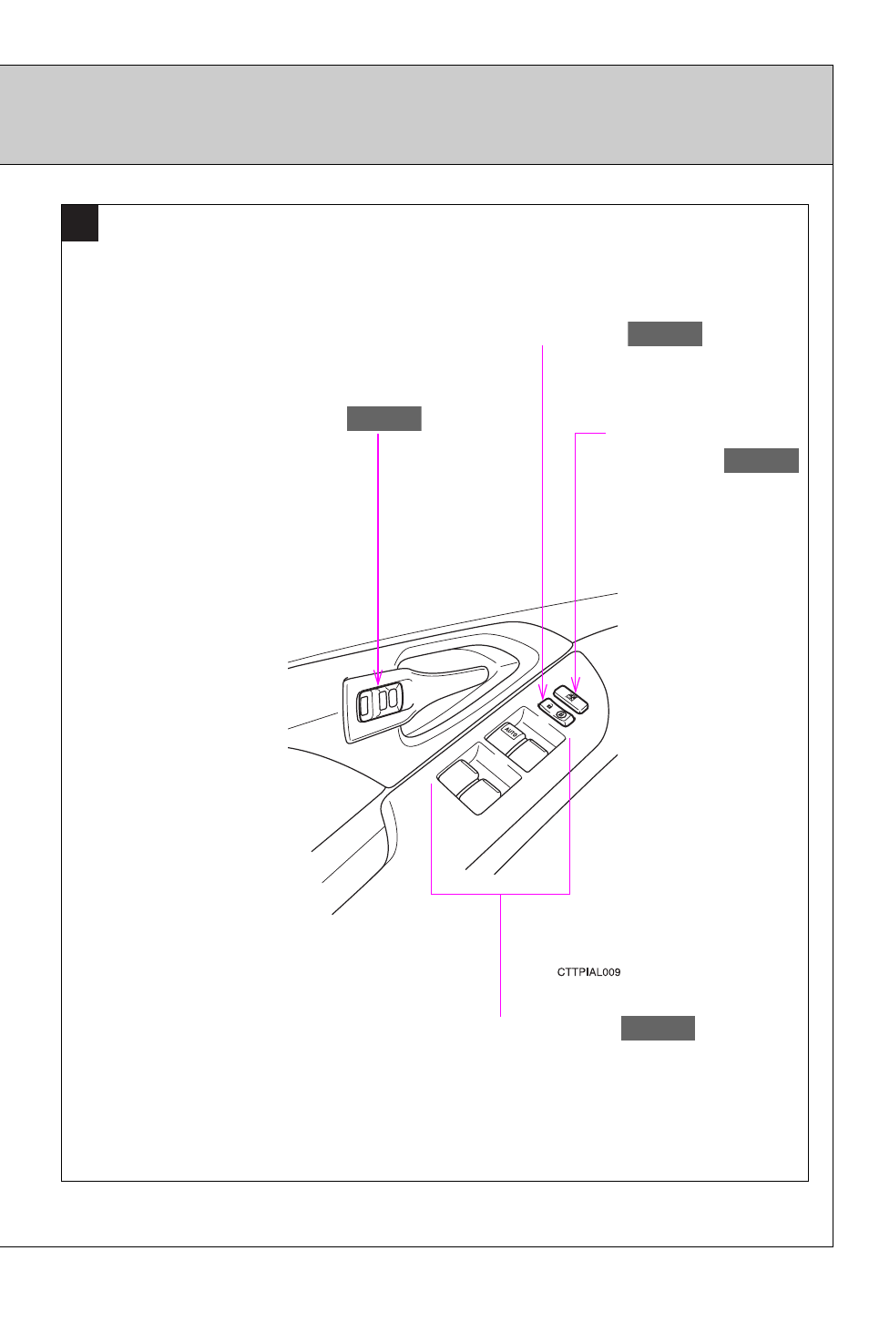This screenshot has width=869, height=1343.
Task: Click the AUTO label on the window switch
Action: coord(510,732)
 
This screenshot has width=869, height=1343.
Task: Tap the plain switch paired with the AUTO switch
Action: coord(527,754)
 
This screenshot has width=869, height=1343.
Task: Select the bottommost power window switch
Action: coord(479,797)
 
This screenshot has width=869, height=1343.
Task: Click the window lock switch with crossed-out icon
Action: coord(570,699)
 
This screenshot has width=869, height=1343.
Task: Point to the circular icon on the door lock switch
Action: coord(561,714)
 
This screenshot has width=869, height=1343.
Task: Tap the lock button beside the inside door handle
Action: coord(379,701)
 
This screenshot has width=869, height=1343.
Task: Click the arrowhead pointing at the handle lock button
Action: coord(377,678)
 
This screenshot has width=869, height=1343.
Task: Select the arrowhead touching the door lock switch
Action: coord(543,692)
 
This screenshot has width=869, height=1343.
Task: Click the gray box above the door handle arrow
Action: coord(384,418)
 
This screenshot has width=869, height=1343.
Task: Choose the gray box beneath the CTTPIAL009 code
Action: coord(658,1029)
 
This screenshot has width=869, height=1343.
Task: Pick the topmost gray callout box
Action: coord(665,334)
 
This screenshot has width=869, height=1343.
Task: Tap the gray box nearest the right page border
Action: coord(762,460)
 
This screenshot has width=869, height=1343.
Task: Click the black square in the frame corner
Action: coord(80,223)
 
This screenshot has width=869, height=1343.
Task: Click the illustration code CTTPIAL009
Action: coord(588,972)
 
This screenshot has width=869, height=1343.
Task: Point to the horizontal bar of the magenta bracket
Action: coord(500,894)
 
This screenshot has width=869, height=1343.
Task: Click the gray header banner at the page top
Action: coord(416,115)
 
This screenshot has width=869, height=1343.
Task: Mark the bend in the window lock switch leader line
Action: coord(576,433)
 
